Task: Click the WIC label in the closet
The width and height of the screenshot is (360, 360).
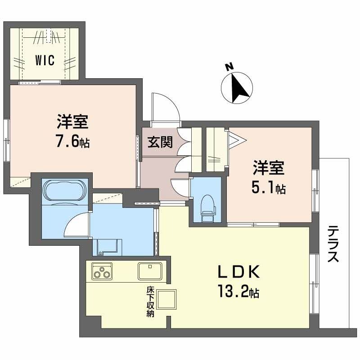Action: coord(45,60)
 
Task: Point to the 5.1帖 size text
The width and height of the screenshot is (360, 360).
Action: coord(269,189)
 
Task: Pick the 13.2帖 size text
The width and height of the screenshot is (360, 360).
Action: coord(238,293)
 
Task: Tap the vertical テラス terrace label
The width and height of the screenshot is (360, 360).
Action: coord(333,244)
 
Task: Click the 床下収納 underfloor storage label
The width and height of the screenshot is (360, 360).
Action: coord(150,302)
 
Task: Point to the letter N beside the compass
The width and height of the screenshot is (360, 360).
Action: coord(229,67)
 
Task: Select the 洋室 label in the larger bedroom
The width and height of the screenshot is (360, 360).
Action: coord(72,123)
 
